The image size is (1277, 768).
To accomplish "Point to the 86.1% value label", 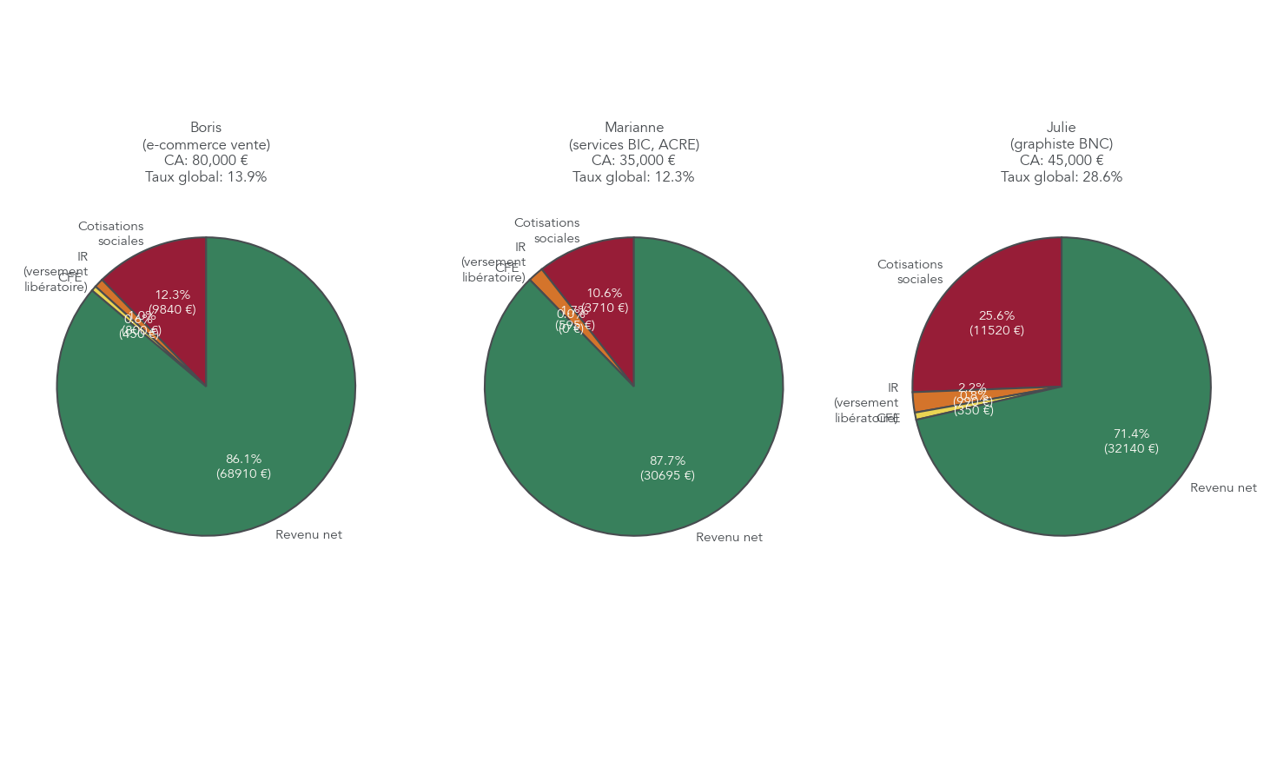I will tap(243, 459).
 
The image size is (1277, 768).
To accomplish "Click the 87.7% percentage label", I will tap(667, 460).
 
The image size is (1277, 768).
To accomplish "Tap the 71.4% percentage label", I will tap(1131, 434).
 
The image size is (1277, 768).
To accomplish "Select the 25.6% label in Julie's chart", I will tap(996, 315).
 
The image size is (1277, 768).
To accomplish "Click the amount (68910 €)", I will tap(243, 473).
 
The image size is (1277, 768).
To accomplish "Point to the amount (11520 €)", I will tap(996, 330).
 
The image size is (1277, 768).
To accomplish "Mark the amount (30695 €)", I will tap(667, 475).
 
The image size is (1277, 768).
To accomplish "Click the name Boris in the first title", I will tap(206, 128).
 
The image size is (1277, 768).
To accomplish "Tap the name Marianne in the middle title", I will tap(634, 128).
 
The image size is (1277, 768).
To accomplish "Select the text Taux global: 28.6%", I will tap(1062, 177).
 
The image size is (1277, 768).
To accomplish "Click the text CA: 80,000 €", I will tap(206, 161).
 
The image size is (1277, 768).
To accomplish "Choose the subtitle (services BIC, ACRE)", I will tap(634, 144).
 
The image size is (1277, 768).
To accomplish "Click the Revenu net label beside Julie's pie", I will tap(1223, 487).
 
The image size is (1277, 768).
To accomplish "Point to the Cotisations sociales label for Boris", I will tap(111, 234).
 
